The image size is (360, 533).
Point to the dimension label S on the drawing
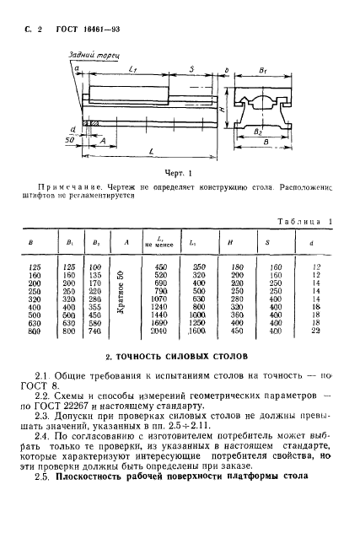192,69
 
